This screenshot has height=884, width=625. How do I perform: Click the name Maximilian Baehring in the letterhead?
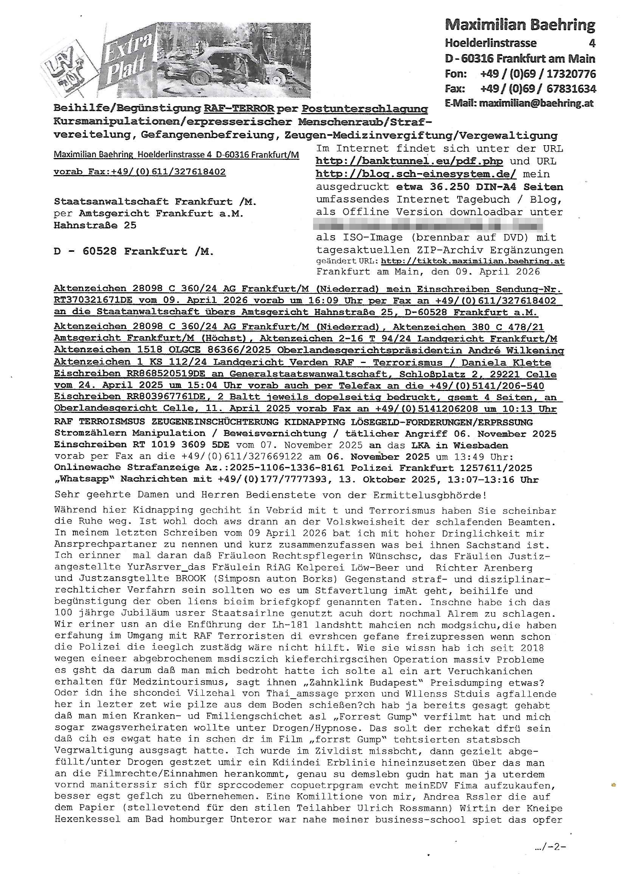coord(520,25)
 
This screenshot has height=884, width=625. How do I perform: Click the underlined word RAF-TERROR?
coord(239,109)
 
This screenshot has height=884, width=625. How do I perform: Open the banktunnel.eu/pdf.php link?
coord(409,161)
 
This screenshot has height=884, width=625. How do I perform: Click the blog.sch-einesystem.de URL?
coord(416,174)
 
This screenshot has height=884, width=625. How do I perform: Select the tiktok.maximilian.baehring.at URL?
coord(473,261)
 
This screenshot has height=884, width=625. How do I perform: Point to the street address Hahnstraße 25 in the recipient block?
coord(95,225)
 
